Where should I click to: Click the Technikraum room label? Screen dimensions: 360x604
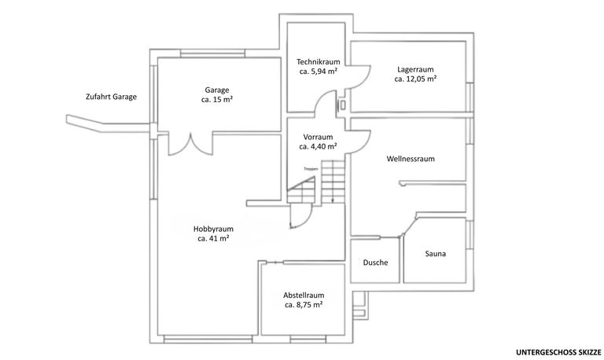(318, 61)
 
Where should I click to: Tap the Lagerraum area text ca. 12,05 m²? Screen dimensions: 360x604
(416, 79)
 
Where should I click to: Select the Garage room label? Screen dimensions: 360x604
(216, 90)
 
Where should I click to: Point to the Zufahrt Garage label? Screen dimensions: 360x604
(111, 97)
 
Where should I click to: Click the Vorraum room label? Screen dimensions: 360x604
(318, 136)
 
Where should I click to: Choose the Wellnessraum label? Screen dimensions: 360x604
(411, 159)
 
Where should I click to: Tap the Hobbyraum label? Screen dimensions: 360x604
(213, 229)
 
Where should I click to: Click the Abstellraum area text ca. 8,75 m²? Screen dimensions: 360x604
(304, 305)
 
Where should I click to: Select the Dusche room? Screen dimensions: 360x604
(375, 263)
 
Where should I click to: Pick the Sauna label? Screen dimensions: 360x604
(436, 254)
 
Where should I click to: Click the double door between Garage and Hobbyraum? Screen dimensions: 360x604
(192, 143)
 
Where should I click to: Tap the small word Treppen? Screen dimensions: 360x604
(311, 168)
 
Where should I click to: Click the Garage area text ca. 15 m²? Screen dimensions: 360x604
(216, 100)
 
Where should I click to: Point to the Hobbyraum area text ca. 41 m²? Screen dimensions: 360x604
(213, 238)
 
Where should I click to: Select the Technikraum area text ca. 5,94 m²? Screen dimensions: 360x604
(318, 72)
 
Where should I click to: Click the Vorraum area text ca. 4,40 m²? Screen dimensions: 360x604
(318, 146)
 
